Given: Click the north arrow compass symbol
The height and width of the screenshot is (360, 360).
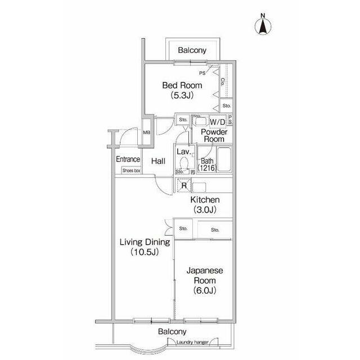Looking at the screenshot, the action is [263, 25].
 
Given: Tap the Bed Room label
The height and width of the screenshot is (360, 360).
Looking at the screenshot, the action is [182, 85].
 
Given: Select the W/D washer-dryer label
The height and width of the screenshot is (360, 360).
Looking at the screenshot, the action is [218, 122].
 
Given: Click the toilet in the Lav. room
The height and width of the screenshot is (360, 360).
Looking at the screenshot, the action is [184, 163].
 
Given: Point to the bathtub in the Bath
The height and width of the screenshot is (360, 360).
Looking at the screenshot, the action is [224, 159].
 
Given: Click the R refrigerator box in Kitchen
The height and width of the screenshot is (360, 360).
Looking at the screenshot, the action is [184, 185].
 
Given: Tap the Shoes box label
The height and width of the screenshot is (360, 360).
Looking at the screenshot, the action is [131, 170].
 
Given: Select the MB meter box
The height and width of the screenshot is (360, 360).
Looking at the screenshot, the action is [146, 132].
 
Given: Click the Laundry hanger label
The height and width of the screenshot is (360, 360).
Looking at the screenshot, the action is [192, 343].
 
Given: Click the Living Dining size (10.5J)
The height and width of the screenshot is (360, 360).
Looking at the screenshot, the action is [145, 252].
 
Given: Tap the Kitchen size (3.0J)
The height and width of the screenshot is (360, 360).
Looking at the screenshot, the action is [205, 209].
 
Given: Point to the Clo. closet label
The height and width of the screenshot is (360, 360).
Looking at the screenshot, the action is [223, 82].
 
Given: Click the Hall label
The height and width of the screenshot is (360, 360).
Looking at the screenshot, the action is [158, 161].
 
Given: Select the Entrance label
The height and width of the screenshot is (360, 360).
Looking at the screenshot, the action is [128, 159].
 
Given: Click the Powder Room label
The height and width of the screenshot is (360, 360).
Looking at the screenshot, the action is [214, 135].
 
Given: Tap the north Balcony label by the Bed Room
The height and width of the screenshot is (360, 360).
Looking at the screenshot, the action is [192, 50].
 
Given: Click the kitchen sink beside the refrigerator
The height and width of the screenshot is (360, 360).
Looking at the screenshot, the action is [199, 187].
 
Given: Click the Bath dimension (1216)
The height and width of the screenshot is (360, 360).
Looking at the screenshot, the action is [207, 168].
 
